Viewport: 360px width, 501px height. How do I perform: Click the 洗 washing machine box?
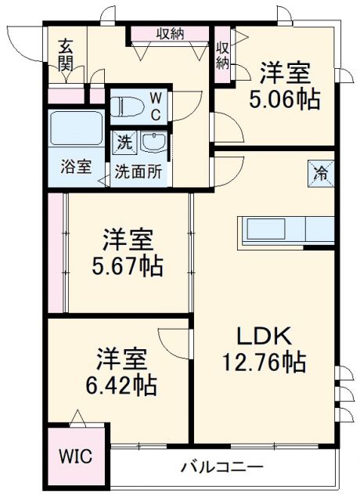124,142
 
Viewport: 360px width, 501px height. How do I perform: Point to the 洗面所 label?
139,171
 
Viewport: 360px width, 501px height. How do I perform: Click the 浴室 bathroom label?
76,167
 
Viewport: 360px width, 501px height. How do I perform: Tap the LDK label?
265,337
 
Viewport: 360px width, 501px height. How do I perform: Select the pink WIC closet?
77,455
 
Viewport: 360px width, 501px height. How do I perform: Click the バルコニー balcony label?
222,467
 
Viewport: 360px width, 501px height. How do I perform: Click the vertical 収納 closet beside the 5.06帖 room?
222,54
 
